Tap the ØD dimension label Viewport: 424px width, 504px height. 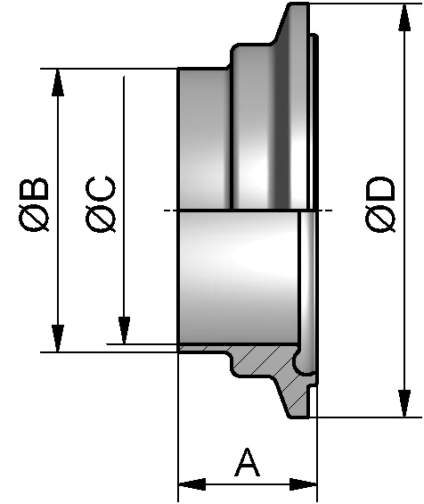point(381,205)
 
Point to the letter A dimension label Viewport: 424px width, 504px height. point(247,463)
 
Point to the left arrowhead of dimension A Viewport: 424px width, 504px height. point(190,485)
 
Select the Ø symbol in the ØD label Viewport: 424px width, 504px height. point(381,220)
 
